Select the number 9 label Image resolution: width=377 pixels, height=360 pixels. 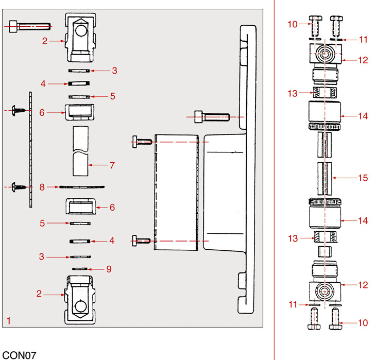(109, 269)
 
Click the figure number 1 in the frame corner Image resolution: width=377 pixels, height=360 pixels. (8, 320)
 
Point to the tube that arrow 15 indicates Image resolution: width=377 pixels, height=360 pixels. (324, 178)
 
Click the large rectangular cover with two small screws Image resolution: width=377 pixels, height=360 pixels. (176, 192)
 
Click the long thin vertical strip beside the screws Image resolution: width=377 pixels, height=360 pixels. (31, 149)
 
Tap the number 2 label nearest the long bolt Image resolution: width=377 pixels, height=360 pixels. (45, 41)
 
